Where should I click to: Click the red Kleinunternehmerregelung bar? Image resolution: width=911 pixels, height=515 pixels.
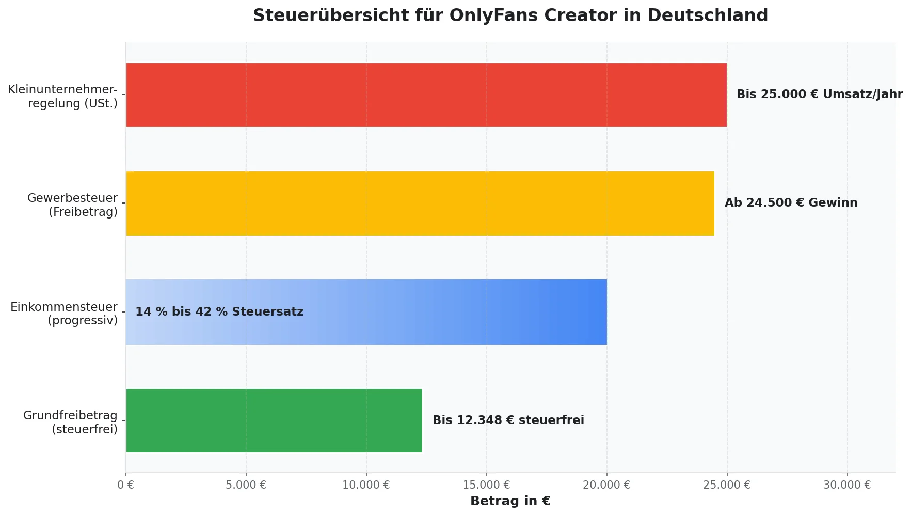pyautogui.click(x=426, y=95)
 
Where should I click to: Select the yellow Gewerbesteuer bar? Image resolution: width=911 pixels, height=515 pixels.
pyautogui.click(x=420, y=204)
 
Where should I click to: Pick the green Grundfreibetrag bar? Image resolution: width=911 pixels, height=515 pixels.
pyautogui.click(x=274, y=420)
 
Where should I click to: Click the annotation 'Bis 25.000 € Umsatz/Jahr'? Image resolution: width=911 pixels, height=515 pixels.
pyautogui.click(x=819, y=95)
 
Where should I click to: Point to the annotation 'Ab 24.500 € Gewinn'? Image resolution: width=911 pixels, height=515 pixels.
pyautogui.click(x=791, y=203)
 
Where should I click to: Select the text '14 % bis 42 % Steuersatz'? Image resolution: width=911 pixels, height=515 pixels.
pyautogui.click(x=219, y=312)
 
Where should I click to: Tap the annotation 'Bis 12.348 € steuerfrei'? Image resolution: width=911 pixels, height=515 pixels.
pyautogui.click(x=508, y=420)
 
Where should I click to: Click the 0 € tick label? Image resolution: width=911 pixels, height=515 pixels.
pyautogui.click(x=125, y=485)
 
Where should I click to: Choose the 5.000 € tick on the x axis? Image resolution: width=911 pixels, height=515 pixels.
pyautogui.click(x=246, y=485)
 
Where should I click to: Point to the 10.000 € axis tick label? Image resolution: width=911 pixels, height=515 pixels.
pyautogui.click(x=366, y=485)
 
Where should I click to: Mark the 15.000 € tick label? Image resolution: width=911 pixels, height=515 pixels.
pyautogui.click(x=486, y=485)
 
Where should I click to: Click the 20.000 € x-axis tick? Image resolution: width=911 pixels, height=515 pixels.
pyautogui.click(x=606, y=485)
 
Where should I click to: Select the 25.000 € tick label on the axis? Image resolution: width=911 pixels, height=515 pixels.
pyautogui.click(x=727, y=485)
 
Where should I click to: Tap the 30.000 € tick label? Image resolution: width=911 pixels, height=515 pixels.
pyautogui.click(x=847, y=485)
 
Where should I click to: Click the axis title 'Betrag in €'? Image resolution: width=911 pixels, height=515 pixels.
pyautogui.click(x=510, y=501)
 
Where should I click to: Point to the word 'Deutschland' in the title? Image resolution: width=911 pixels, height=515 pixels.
pyautogui.click(x=708, y=15)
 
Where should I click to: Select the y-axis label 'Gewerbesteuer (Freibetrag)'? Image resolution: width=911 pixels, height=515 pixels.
pyautogui.click(x=73, y=205)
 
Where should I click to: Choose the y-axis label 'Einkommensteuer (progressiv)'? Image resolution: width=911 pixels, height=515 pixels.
pyautogui.click(x=65, y=314)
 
